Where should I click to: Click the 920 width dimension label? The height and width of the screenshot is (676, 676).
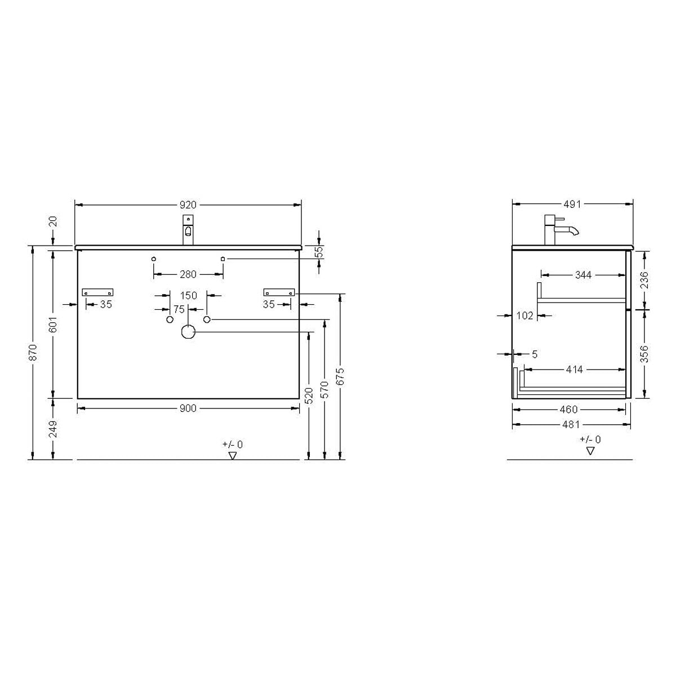tap(188, 204)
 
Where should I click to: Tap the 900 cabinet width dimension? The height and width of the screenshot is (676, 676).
tap(188, 408)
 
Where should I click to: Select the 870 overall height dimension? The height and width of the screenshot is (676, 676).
tap(33, 353)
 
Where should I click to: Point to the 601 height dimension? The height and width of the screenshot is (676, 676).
tap(52, 324)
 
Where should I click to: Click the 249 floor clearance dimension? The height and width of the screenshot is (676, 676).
tap(52, 429)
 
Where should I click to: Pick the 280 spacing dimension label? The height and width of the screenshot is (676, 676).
tap(188, 274)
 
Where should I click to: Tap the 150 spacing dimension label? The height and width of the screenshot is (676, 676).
tap(189, 295)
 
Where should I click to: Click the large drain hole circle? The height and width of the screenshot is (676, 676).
tap(188, 332)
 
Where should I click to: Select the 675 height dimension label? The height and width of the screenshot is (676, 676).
tap(340, 376)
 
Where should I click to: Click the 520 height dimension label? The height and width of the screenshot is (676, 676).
tap(309, 395)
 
